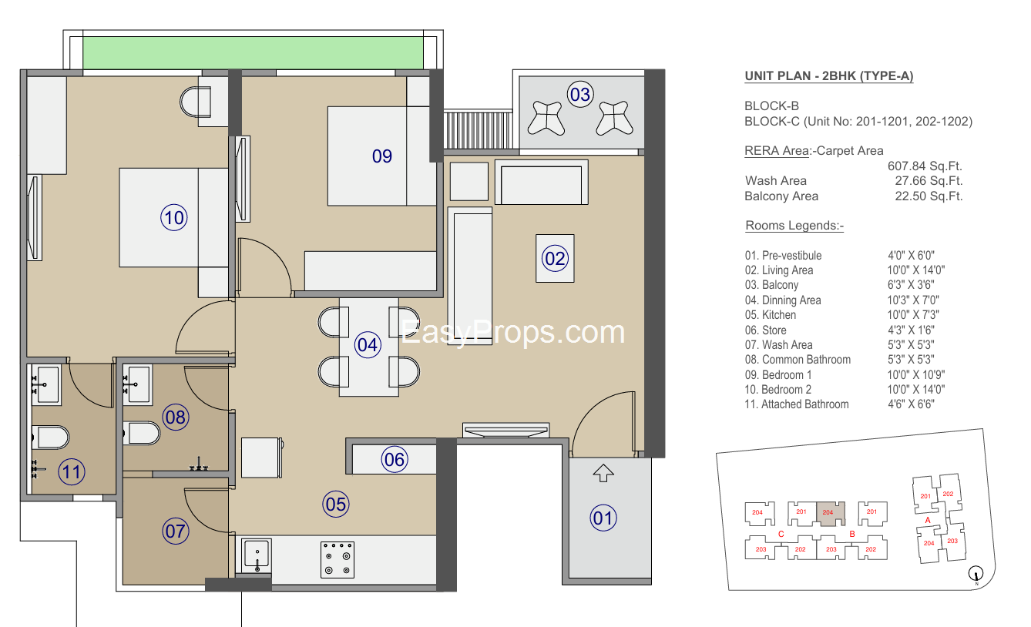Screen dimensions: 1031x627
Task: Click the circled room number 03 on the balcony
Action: [x=580, y=94]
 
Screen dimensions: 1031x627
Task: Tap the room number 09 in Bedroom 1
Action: [x=382, y=156]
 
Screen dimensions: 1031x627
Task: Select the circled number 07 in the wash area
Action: [x=176, y=531]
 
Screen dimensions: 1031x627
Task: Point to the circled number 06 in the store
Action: [x=395, y=460]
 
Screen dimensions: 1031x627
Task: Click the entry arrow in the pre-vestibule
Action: [x=603, y=473]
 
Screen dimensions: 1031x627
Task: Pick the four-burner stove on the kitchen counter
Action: [x=338, y=559]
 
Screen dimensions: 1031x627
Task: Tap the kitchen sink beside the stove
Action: [x=257, y=555]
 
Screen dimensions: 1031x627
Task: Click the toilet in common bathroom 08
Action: [x=142, y=433]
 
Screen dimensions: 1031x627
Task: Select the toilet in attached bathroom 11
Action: [x=51, y=437]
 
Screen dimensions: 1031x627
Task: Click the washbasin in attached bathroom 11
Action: [x=45, y=384]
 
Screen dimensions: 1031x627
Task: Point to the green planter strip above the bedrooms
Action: [x=254, y=53]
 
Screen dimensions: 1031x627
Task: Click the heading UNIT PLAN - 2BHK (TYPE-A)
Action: [x=829, y=76]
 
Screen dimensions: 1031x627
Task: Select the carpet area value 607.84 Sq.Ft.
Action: [x=925, y=166]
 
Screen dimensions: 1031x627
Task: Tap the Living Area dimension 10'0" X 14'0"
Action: [x=916, y=270]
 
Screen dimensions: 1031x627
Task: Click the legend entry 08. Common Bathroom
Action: [x=798, y=359]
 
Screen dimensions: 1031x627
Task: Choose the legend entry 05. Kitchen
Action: [x=771, y=314]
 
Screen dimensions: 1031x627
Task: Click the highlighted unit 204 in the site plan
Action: [x=831, y=513]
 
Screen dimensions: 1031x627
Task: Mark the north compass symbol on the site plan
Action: [x=976, y=574]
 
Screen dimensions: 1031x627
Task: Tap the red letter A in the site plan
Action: [x=928, y=520]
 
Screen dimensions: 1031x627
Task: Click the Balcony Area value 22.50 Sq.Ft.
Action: [x=929, y=196]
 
